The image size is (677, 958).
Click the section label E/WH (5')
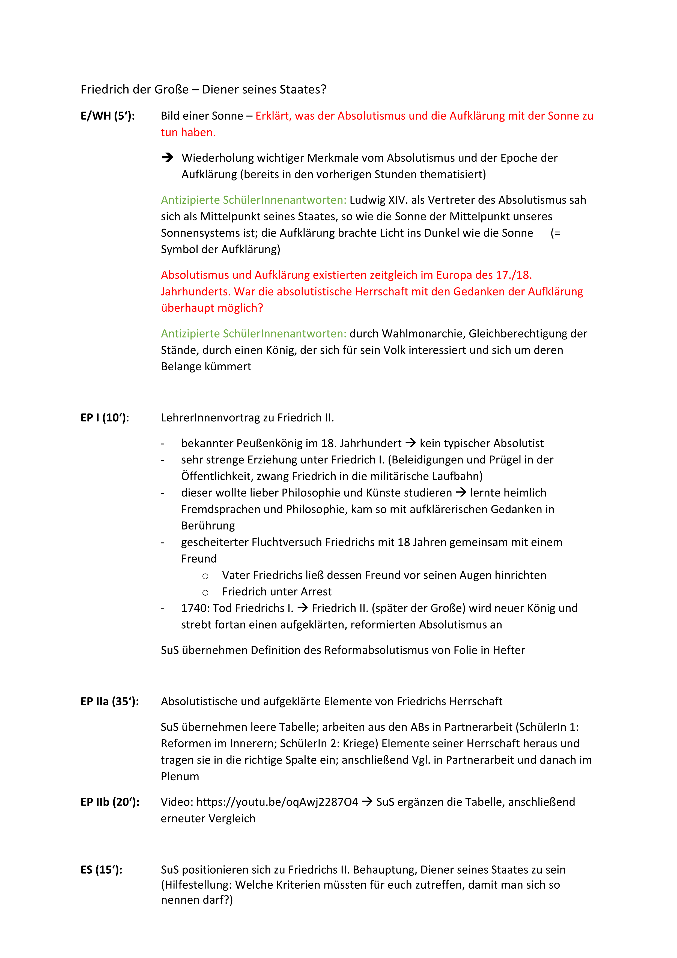[108, 116]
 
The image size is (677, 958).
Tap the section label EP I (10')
[105, 418]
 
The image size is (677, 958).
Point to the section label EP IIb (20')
[110, 802]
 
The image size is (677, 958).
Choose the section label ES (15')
[101, 870]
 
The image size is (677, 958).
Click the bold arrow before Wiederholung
[168, 158]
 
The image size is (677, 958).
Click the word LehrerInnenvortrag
[217, 418]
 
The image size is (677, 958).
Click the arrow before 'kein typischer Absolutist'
[411, 443]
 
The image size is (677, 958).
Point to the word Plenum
[180, 776]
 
